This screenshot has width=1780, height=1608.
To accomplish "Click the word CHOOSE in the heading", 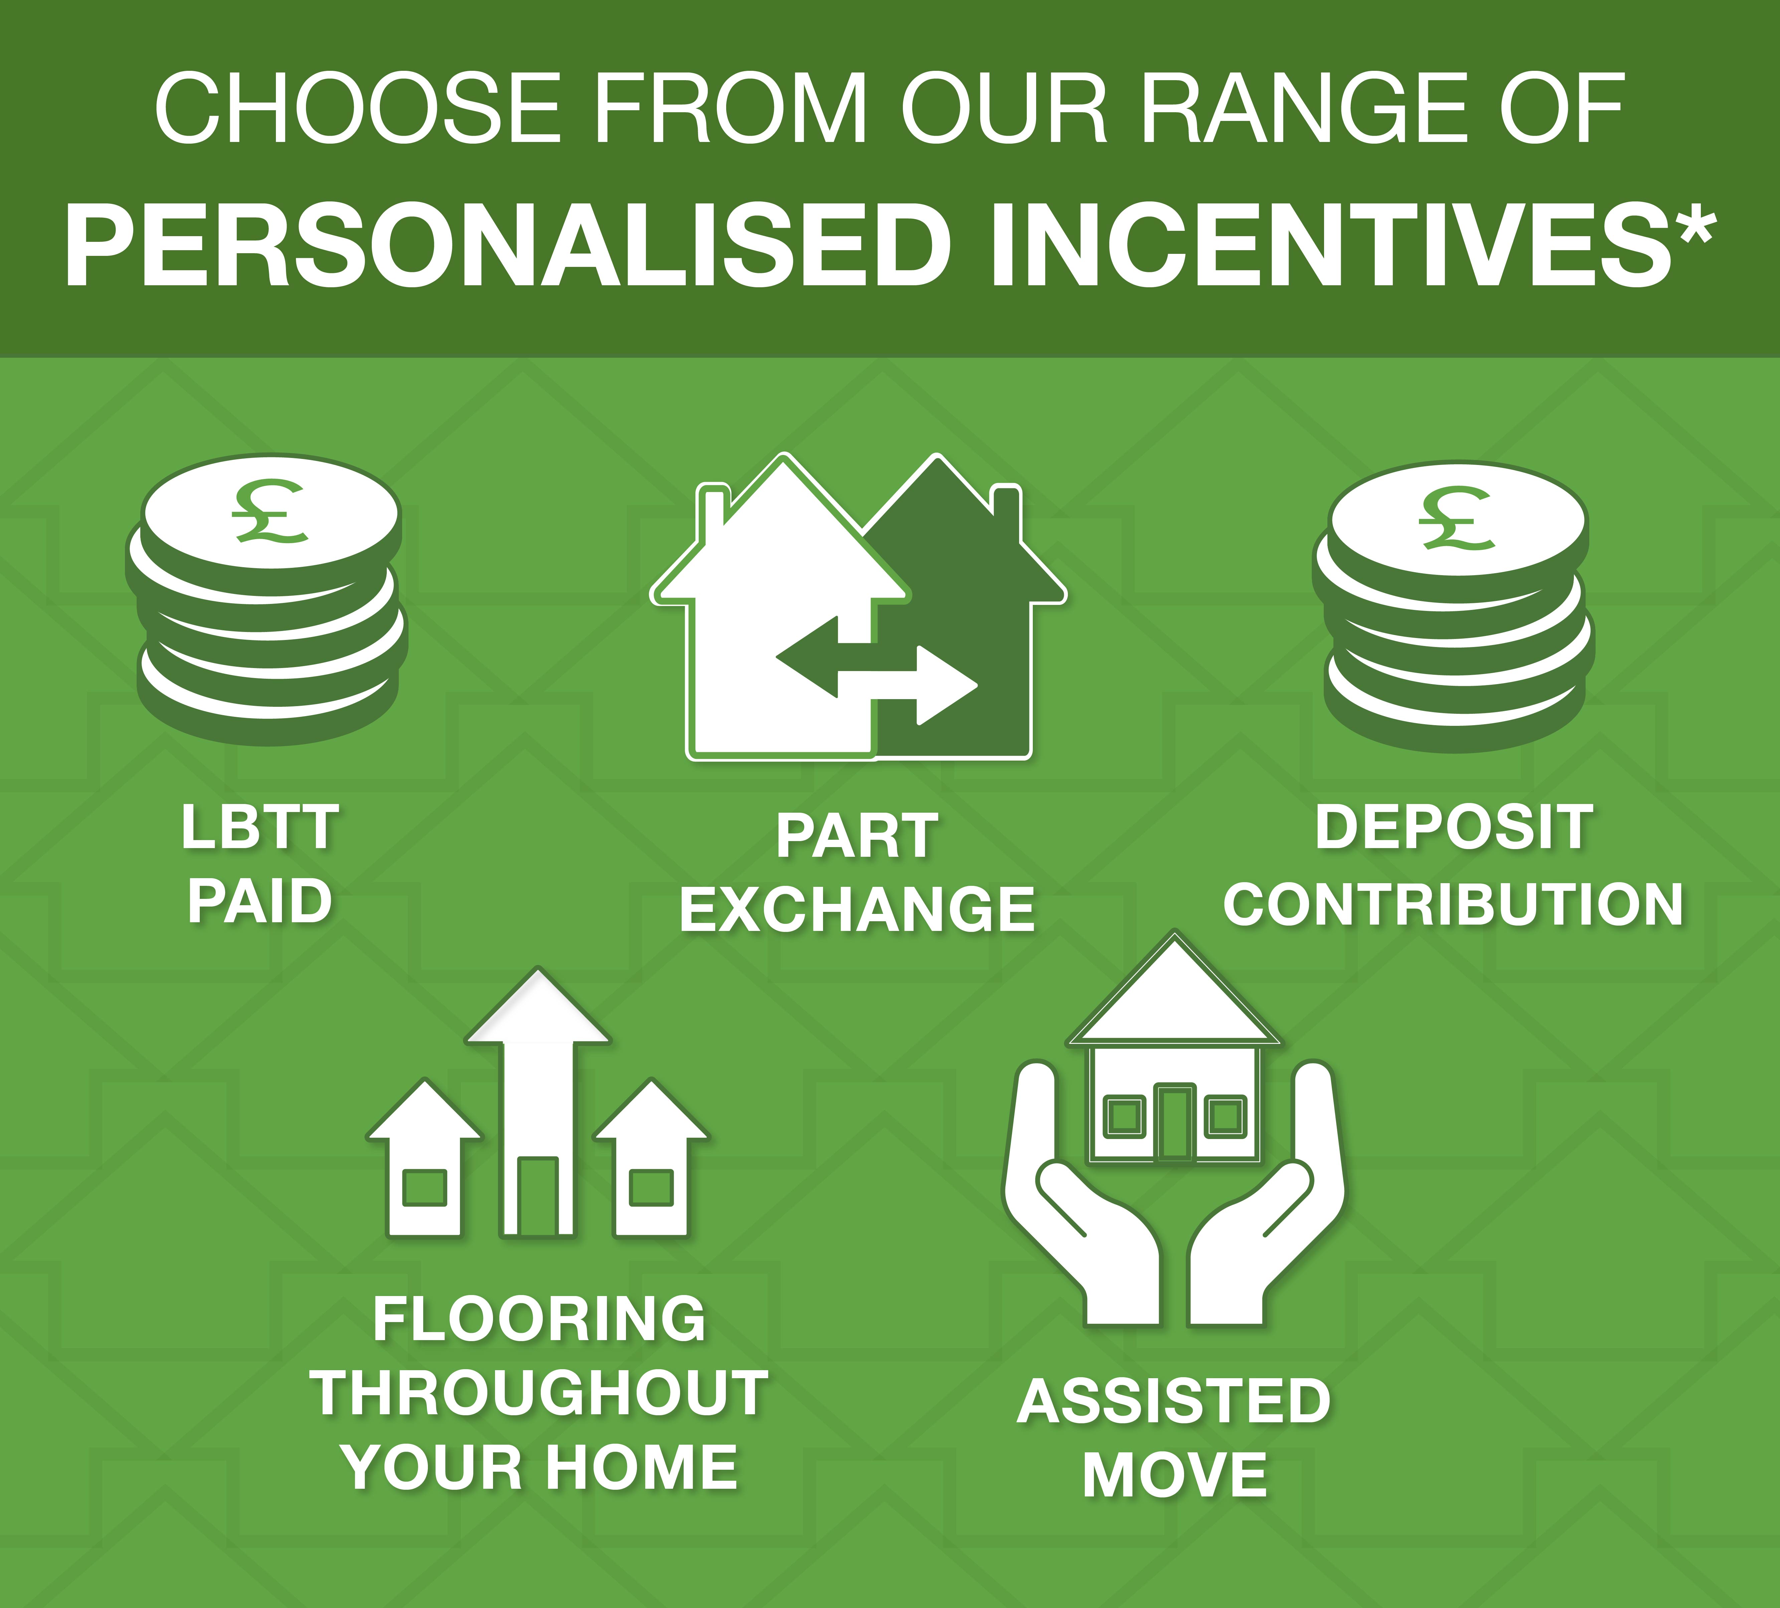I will click(x=358, y=109).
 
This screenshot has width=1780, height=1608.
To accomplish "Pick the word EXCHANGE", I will click(x=856, y=911).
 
